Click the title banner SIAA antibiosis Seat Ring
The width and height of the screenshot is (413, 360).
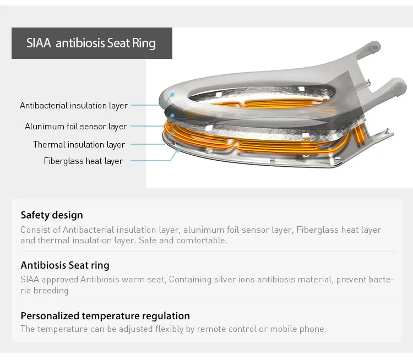pyautogui.click(x=91, y=43)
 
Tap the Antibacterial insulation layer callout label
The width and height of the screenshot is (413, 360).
pyautogui.click(x=74, y=105)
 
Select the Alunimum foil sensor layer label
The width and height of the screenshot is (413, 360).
pyautogui.click(x=75, y=126)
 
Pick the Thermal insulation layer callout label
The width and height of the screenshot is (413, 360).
pyautogui.click(x=79, y=144)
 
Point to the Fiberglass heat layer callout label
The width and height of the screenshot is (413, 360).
pyautogui.click(x=83, y=161)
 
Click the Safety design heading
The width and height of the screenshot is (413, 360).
pyautogui.click(x=52, y=215)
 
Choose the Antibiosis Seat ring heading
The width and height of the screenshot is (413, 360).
pyautogui.click(x=65, y=265)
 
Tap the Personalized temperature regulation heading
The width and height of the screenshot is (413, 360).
pyautogui.click(x=105, y=316)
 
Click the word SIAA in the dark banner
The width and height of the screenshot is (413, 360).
pyautogui.click(x=39, y=43)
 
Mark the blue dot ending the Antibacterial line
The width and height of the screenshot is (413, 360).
pyautogui.click(x=172, y=95)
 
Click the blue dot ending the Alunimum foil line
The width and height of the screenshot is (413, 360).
pyautogui.click(x=172, y=116)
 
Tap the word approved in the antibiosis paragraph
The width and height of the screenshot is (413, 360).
pyautogui.click(x=61, y=280)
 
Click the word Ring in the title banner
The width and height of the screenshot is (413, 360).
pyautogui.click(x=144, y=43)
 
